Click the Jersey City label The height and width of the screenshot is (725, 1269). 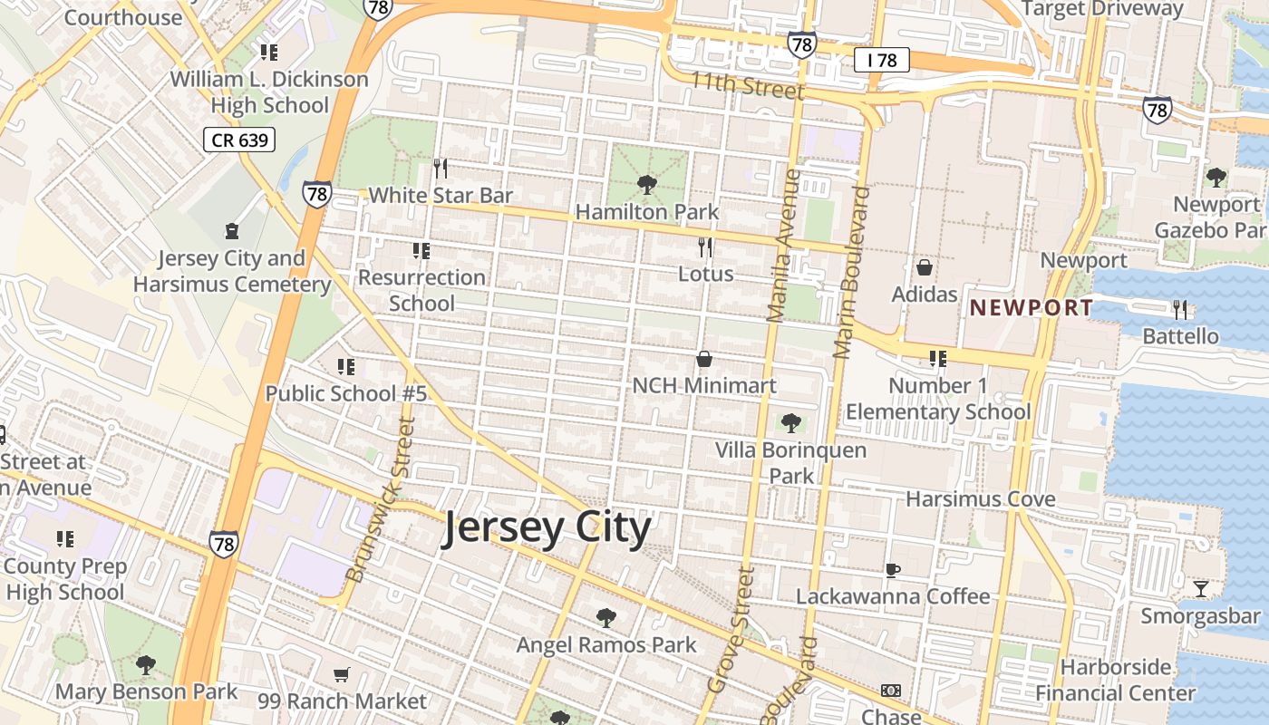546,528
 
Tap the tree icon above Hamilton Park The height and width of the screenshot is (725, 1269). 646,186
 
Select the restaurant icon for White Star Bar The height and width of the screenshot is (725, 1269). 441,169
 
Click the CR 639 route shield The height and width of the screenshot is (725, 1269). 237,140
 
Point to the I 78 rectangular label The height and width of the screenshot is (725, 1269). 881,60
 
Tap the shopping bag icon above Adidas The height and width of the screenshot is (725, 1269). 925,267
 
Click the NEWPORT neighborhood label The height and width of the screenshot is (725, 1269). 1032,307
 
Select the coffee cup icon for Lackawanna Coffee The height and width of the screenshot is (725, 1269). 893,570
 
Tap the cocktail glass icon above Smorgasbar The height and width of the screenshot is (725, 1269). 1201,589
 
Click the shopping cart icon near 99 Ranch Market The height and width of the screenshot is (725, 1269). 342,674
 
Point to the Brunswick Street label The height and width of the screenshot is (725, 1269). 381,500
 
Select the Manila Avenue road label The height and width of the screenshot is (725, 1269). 784,245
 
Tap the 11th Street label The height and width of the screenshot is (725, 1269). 747,86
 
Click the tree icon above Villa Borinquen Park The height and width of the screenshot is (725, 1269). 790,422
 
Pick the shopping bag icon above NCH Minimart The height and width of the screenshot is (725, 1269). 703,360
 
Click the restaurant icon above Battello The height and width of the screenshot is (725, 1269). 1180,310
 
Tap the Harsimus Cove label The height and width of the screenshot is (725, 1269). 981,498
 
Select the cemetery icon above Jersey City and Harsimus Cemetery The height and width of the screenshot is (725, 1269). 232,232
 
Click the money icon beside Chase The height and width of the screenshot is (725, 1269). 891,691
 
